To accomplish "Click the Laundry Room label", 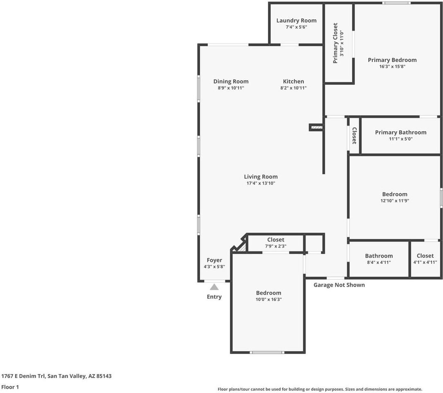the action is pyautogui.click(x=297, y=20).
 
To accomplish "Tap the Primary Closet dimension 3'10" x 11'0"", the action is pyautogui.click(x=342, y=43).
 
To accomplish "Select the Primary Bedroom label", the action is pyautogui.click(x=392, y=60).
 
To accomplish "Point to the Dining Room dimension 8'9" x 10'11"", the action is pyautogui.click(x=231, y=88).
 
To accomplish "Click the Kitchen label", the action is pyautogui.click(x=294, y=81).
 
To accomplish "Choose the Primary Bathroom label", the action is pyautogui.click(x=400, y=132).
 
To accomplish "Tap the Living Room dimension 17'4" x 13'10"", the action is pyautogui.click(x=261, y=183).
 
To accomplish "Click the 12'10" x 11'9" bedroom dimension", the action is pyautogui.click(x=395, y=201).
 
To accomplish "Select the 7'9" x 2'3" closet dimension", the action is pyautogui.click(x=276, y=246).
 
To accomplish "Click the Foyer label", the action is pyautogui.click(x=214, y=260).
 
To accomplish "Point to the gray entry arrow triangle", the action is pyautogui.click(x=214, y=287).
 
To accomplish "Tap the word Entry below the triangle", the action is pyautogui.click(x=214, y=297).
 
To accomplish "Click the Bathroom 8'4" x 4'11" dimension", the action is pyautogui.click(x=379, y=262).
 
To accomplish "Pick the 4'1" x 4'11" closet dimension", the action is pyautogui.click(x=425, y=262).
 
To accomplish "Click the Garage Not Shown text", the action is pyautogui.click(x=339, y=285).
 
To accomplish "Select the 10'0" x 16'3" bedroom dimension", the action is pyautogui.click(x=269, y=299).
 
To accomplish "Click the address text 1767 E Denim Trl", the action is pyautogui.click(x=23, y=376).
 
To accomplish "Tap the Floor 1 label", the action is pyautogui.click(x=10, y=387).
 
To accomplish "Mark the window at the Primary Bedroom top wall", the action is pyautogui.click(x=397, y=3).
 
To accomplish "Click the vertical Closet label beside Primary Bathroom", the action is pyautogui.click(x=354, y=136).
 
